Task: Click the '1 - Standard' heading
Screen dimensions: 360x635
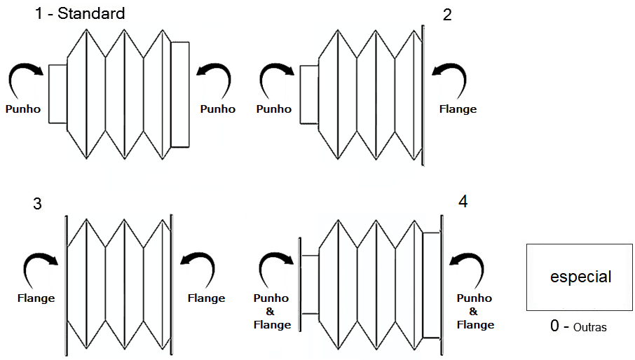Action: (x=80, y=13)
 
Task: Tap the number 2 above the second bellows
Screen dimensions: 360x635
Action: (x=447, y=15)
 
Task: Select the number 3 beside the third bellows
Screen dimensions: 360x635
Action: (x=37, y=204)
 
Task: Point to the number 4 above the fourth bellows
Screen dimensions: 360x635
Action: (x=463, y=202)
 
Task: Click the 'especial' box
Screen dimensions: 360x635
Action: (x=580, y=277)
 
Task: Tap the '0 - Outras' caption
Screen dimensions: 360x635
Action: (x=578, y=326)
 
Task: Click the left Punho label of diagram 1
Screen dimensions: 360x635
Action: (x=23, y=109)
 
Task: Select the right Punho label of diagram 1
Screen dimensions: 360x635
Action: (x=218, y=109)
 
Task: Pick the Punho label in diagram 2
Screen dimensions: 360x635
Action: (x=274, y=109)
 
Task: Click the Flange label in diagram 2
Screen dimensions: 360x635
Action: (x=458, y=109)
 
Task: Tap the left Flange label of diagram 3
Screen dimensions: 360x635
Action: (x=36, y=298)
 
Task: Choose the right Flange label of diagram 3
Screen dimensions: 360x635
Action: (x=207, y=298)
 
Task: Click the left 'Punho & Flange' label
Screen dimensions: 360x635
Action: (x=272, y=311)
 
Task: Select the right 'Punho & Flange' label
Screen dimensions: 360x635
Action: (x=475, y=311)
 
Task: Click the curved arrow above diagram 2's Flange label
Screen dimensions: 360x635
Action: (x=451, y=78)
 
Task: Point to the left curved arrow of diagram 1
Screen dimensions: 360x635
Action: (x=25, y=78)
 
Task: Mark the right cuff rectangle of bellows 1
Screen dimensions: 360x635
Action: (x=180, y=94)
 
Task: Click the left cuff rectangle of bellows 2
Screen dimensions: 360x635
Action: (x=309, y=94)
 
